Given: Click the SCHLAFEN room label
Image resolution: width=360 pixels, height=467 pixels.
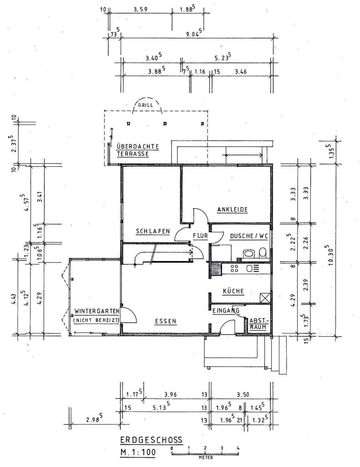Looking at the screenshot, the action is tap(153, 231).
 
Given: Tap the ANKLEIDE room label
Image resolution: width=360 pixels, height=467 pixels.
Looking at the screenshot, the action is tap(232, 210).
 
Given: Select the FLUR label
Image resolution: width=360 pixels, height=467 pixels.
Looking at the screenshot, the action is tap(200, 236).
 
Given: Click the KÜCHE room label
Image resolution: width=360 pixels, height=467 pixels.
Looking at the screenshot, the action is tap(233, 291).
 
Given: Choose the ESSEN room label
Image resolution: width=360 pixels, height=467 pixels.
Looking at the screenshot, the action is tap(165, 321).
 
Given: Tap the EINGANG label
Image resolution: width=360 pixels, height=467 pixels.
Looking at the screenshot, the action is tap(226, 311).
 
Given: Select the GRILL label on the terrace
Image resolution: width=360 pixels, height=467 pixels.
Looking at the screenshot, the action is tap(146, 105).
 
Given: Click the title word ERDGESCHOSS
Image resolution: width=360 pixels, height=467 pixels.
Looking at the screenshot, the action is tap(151, 440).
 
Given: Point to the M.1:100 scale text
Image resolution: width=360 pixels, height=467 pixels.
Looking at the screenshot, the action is tap(138, 452).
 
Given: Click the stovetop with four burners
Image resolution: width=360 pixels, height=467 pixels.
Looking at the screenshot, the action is tap(234, 268).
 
